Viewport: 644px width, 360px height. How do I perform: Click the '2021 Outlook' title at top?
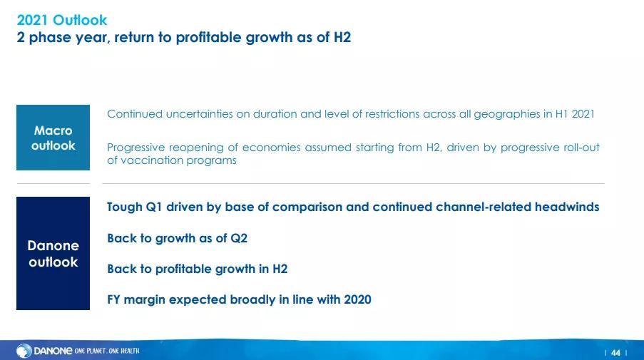[x=61, y=20]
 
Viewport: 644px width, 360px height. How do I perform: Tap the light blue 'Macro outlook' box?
[x=53, y=138]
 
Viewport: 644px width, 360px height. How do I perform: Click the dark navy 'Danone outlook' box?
[x=53, y=253]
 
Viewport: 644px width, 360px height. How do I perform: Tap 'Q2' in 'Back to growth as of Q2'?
[x=239, y=239]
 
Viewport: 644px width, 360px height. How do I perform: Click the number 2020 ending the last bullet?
[x=357, y=299]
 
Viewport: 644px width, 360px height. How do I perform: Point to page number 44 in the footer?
[x=615, y=353]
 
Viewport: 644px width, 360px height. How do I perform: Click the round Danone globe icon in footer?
[x=24, y=351]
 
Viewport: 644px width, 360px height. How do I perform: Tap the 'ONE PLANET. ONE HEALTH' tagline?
[x=107, y=351]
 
